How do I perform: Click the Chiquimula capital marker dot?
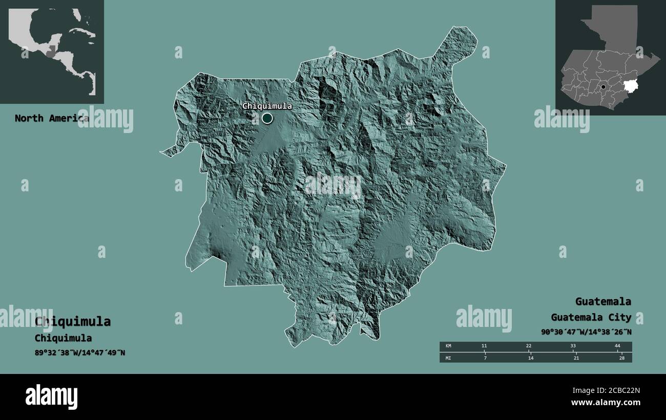267,119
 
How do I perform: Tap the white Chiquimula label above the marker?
267,106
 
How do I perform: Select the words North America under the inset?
51,118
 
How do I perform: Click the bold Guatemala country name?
602,301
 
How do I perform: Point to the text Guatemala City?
591,317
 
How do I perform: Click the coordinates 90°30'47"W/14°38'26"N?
586,332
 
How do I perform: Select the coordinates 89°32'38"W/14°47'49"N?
80,352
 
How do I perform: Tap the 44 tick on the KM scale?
617,346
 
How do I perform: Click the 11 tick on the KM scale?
484,346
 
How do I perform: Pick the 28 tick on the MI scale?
621,358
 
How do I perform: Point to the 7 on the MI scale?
485,358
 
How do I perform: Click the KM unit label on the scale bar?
448,346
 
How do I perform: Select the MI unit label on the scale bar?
448,358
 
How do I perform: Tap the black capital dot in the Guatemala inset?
603,87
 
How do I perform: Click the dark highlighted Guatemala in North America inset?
50,51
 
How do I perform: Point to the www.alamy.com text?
606,403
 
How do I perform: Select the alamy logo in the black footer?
51,397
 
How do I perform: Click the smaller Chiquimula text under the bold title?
63,338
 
